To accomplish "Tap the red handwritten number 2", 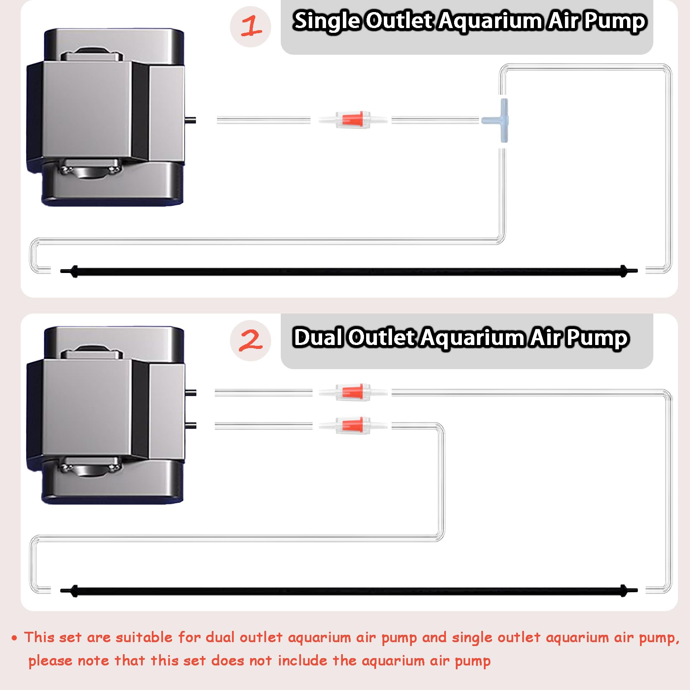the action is (251, 340).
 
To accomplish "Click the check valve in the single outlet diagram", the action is (353, 119).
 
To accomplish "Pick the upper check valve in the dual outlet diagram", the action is (353, 392).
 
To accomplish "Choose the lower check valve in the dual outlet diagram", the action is (353, 426).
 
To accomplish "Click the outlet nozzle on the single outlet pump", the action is (190, 120).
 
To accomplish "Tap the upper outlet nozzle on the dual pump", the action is (191, 393).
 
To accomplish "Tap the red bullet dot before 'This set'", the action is (15, 638).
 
